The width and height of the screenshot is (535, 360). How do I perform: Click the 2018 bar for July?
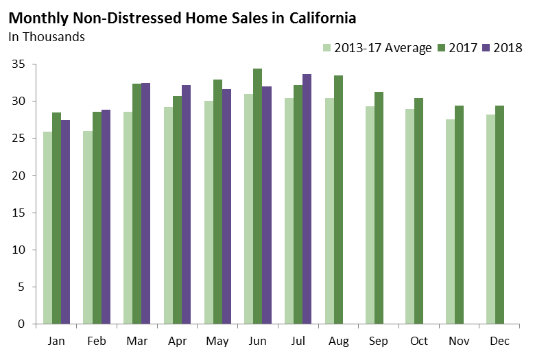pyautogui.click(x=306, y=199)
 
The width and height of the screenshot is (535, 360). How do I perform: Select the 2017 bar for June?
pyautogui.click(x=257, y=196)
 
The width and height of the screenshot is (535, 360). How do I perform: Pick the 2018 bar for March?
pyautogui.click(x=145, y=203)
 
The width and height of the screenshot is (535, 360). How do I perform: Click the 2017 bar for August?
pyautogui.click(x=338, y=200)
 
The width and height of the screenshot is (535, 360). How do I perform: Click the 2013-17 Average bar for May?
pyautogui.click(x=209, y=213)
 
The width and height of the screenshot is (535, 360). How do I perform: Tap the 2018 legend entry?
pyautogui.click(x=503, y=48)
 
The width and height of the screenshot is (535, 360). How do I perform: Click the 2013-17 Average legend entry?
pyautogui.click(x=377, y=48)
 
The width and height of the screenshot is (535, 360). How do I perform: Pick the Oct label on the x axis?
pyautogui.click(x=418, y=341)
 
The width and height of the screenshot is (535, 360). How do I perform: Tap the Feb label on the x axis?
pyautogui.click(x=97, y=341)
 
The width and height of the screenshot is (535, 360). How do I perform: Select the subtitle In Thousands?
pyautogui.click(x=47, y=36)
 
